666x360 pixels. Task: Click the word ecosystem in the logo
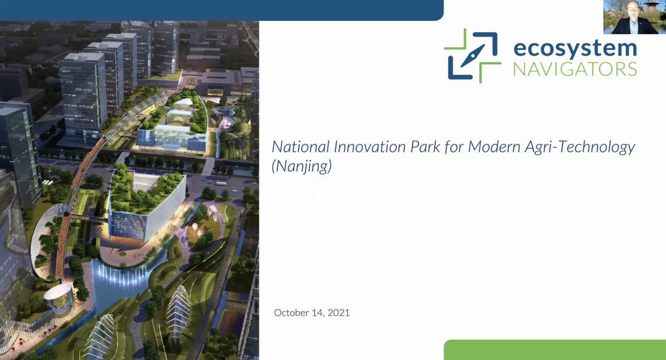coord(575,49)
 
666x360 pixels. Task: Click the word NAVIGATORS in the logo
coord(575,69)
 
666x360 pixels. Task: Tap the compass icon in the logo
coord(472,55)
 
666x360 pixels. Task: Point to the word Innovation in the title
coord(370,147)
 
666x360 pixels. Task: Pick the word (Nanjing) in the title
coord(302,166)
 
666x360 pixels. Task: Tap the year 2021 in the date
coord(339,313)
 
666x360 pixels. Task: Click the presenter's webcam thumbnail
coord(635,17)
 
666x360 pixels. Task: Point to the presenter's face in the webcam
coord(633,9)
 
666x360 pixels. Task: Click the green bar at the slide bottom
coord(555,350)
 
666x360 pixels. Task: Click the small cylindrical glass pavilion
coord(59,297)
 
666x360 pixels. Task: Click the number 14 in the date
coord(318,313)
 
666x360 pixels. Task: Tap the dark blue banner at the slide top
coord(222,10)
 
